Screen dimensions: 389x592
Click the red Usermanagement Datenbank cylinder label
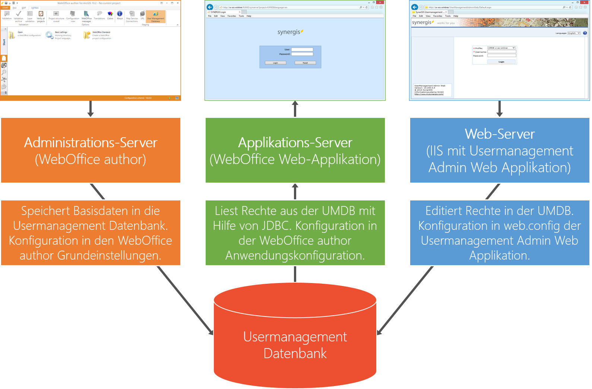[x=295, y=345]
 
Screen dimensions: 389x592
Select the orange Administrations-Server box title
[x=91, y=143]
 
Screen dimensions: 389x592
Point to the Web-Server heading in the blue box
[x=500, y=134]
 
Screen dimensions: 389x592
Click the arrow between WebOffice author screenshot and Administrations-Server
[x=91, y=109]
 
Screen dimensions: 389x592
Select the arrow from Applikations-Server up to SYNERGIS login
[x=295, y=109]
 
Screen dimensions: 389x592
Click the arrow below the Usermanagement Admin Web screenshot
[x=500, y=109]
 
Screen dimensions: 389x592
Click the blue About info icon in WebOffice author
[x=120, y=14]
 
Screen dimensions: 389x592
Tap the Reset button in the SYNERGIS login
[x=305, y=63]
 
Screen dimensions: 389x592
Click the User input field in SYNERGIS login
[x=302, y=49]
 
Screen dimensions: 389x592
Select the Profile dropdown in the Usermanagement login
[x=501, y=48]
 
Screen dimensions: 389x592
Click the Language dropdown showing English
[x=574, y=33]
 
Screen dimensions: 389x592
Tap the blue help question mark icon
[x=585, y=33]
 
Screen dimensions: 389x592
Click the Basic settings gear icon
[x=49, y=35]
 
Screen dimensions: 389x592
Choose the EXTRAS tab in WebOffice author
[x=35, y=8]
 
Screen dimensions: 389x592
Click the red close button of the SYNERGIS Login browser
[x=380, y=2]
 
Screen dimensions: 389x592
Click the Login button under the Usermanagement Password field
[x=501, y=62]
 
